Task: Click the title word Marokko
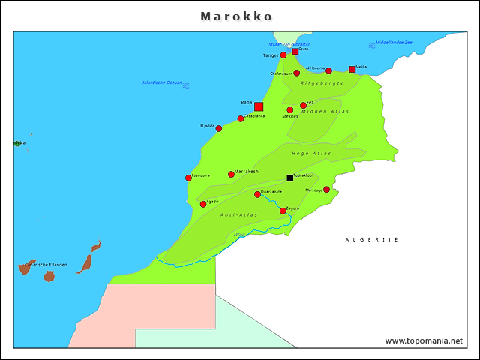tap(236, 16)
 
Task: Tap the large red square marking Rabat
tap(259, 106)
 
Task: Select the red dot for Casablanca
tap(241, 118)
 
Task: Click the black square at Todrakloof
tap(290, 178)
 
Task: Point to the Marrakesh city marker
tap(231, 174)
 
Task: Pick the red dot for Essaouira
tap(188, 178)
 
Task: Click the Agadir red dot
tap(203, 204)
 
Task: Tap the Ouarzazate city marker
tap(257, 194)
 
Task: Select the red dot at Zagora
tap(283, 211)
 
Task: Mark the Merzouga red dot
tap(326, 190)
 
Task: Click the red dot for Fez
tap(303, 106)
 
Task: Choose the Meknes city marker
tap(290, 110)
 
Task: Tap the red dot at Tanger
tap(283, 55)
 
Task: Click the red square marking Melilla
tap(352, 70)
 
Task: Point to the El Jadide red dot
tap(219, 128)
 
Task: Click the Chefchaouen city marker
tap(296, 73)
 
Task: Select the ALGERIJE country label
tap(371, 239)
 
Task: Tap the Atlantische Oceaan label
tap(162, 82)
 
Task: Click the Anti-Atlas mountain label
tap(239, 215)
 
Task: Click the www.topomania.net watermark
tap(424, 340)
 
